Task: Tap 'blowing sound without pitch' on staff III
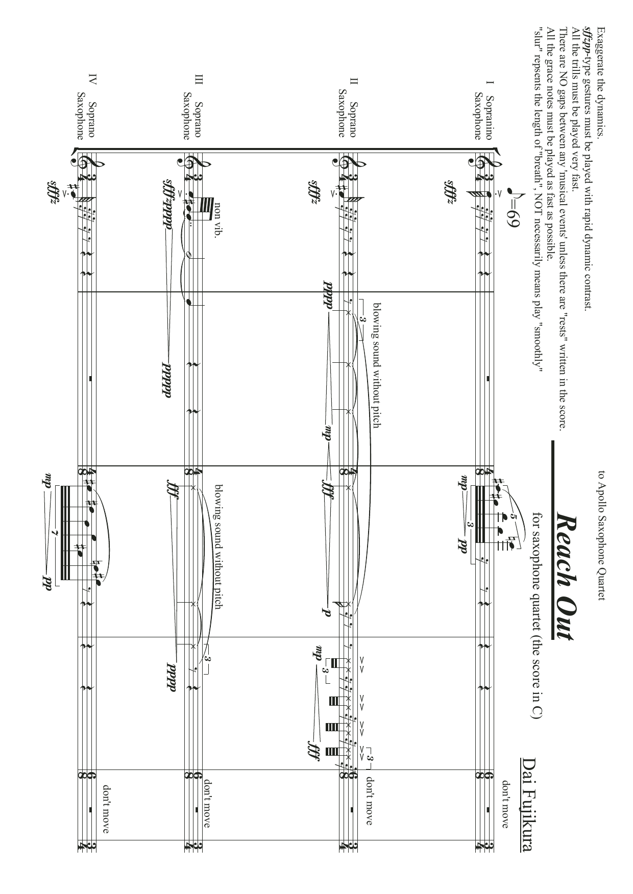click(x=218, y=547)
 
